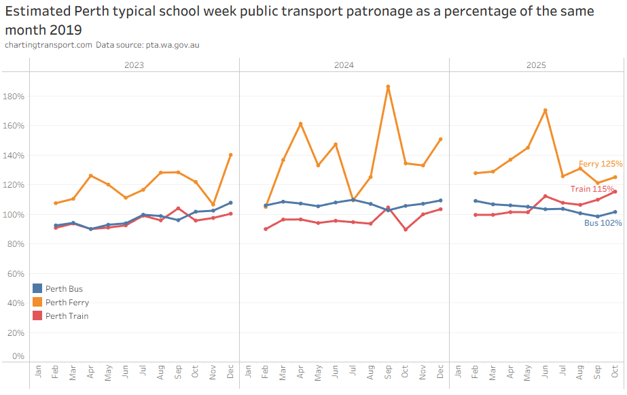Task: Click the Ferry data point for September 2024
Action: click(388, 87)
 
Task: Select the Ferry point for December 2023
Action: click(230, 155)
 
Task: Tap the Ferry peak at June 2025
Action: click(545, 110)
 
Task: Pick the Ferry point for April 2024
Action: click(300, 124)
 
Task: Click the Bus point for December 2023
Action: click(230, 203)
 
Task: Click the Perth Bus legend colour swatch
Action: click(37, 289)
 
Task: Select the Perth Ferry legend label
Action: click(67, 303)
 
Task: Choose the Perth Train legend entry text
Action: click(67, 315)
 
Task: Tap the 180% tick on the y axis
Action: click(14, 97)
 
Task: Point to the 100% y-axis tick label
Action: click(14, 215)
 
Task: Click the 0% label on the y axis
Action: click(18, 356)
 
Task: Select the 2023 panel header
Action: click(134, 65)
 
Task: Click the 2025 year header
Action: click(536, 65)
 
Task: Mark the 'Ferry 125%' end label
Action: click(601, 164)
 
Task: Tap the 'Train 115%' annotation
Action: click(592, 188)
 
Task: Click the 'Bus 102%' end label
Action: click(603, 222)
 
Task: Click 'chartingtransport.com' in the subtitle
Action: click(48, 45)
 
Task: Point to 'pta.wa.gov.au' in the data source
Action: click(172, 45)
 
